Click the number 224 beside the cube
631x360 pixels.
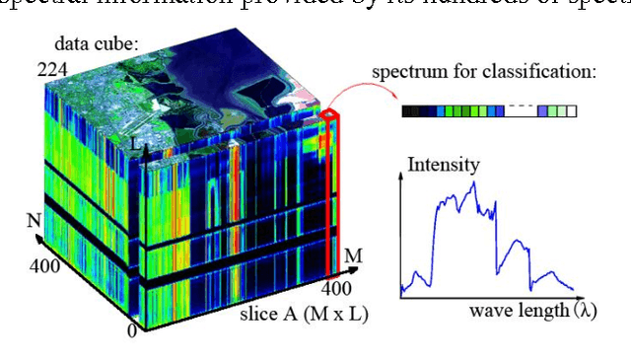pos(51,69)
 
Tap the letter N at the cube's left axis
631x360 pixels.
pos(33,219)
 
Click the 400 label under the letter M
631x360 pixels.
pos(338,288)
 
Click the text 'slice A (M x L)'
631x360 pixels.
pos(299,317)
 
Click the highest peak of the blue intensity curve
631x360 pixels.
pos(475,182)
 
